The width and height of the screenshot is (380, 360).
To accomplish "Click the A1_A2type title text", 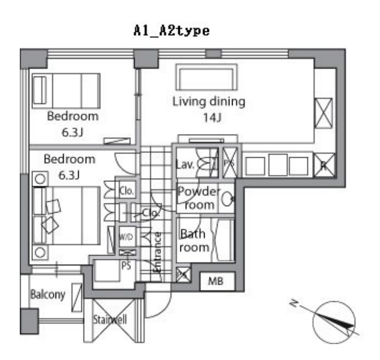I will point(171,31).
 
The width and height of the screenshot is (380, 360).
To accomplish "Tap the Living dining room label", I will point(208,102).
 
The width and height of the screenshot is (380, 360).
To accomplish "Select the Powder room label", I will point(198,198).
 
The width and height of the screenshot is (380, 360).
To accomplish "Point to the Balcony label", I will point(47,294).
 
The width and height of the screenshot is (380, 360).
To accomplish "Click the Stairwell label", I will point(110,320).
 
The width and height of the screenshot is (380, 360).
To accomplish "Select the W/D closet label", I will point(125,237).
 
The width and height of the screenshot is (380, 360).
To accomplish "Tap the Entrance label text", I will point(157,252).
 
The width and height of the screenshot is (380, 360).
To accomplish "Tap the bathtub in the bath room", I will point(224,240).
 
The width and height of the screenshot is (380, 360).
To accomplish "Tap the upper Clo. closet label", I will point(125,191).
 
